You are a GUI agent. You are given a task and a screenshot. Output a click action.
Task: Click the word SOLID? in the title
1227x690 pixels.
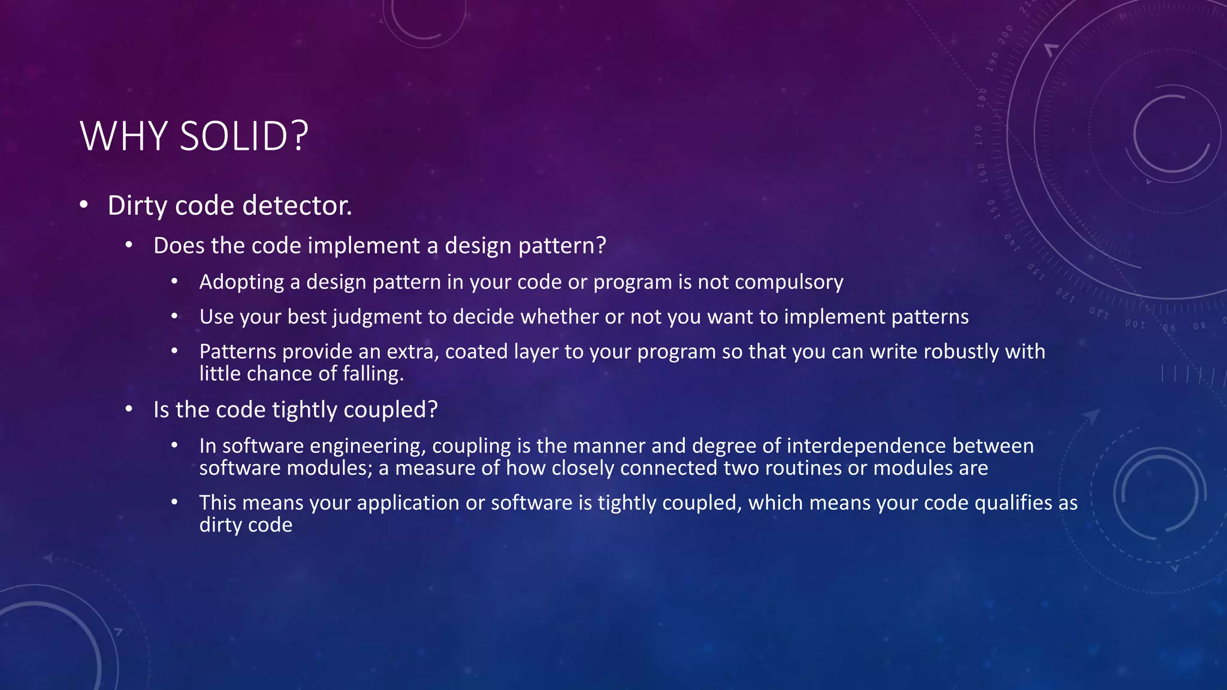coord(244,137)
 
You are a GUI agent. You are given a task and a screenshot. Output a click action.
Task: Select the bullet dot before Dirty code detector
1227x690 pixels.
coord(84,205)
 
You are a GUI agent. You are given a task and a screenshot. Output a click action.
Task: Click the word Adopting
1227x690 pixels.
coord(241,282)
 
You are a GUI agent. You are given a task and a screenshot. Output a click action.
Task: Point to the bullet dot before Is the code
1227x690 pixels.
coord(129,410)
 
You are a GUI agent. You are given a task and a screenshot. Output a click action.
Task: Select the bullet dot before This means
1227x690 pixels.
coord(174,503)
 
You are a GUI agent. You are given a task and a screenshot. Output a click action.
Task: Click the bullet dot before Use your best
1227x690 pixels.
coord(174,317)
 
